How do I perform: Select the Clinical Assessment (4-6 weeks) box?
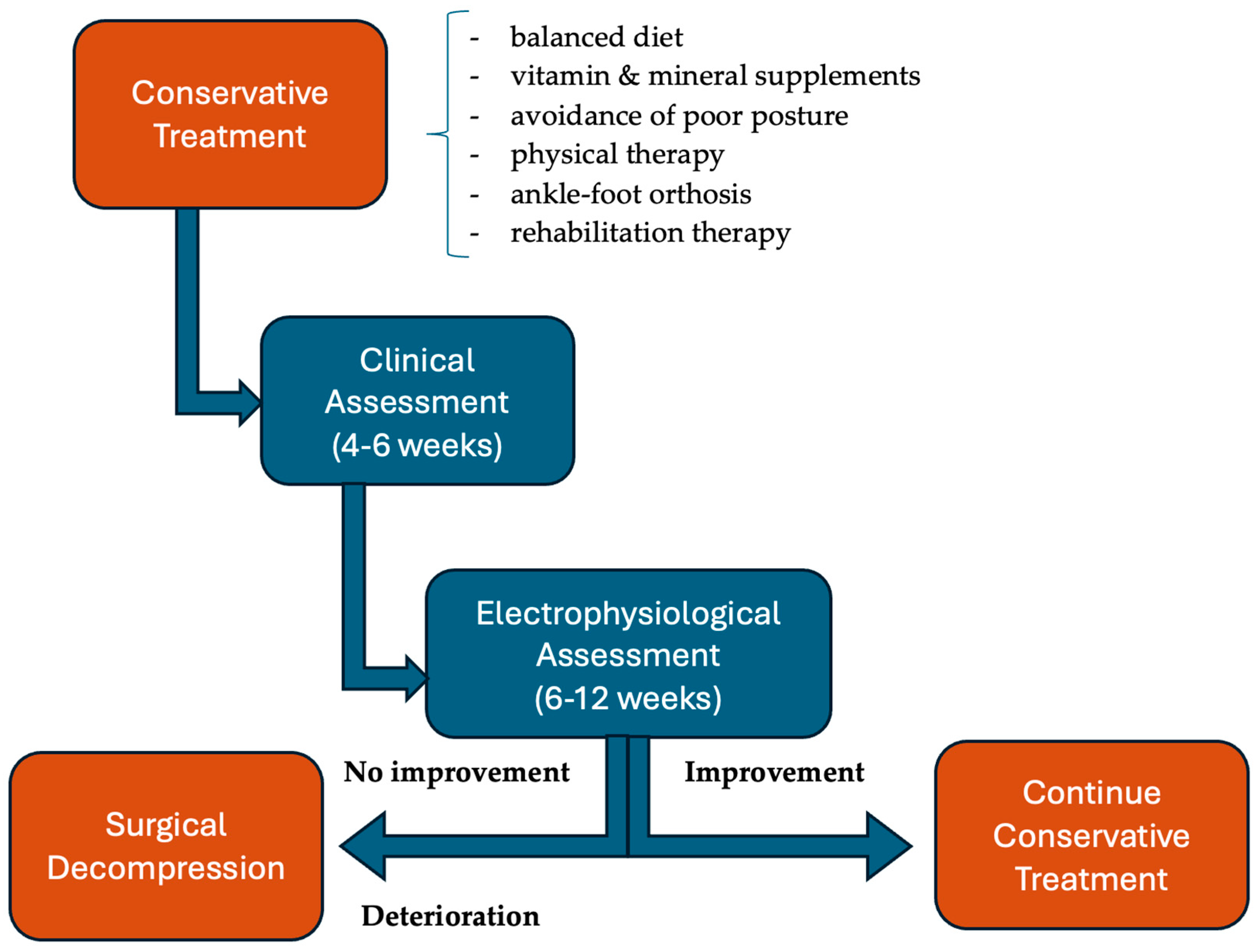[x=417, y=401]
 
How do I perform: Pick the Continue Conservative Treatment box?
[x=1091, y=835]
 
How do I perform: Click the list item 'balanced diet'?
[x=596, y=38]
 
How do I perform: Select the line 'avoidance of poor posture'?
[x=679, y=116]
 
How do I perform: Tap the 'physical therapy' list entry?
[x=617, y=155]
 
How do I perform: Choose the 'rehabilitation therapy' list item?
[x=650, y=233]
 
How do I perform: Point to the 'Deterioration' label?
[x=451, y=916]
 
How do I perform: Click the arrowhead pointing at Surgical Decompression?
[x=364, y=846]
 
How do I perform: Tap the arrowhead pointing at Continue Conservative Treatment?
[x=888, y=846]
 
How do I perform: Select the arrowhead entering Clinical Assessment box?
[x=249, y=403]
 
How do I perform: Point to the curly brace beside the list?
[x=447, y=134]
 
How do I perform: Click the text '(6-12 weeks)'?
[x=628, y=698]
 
